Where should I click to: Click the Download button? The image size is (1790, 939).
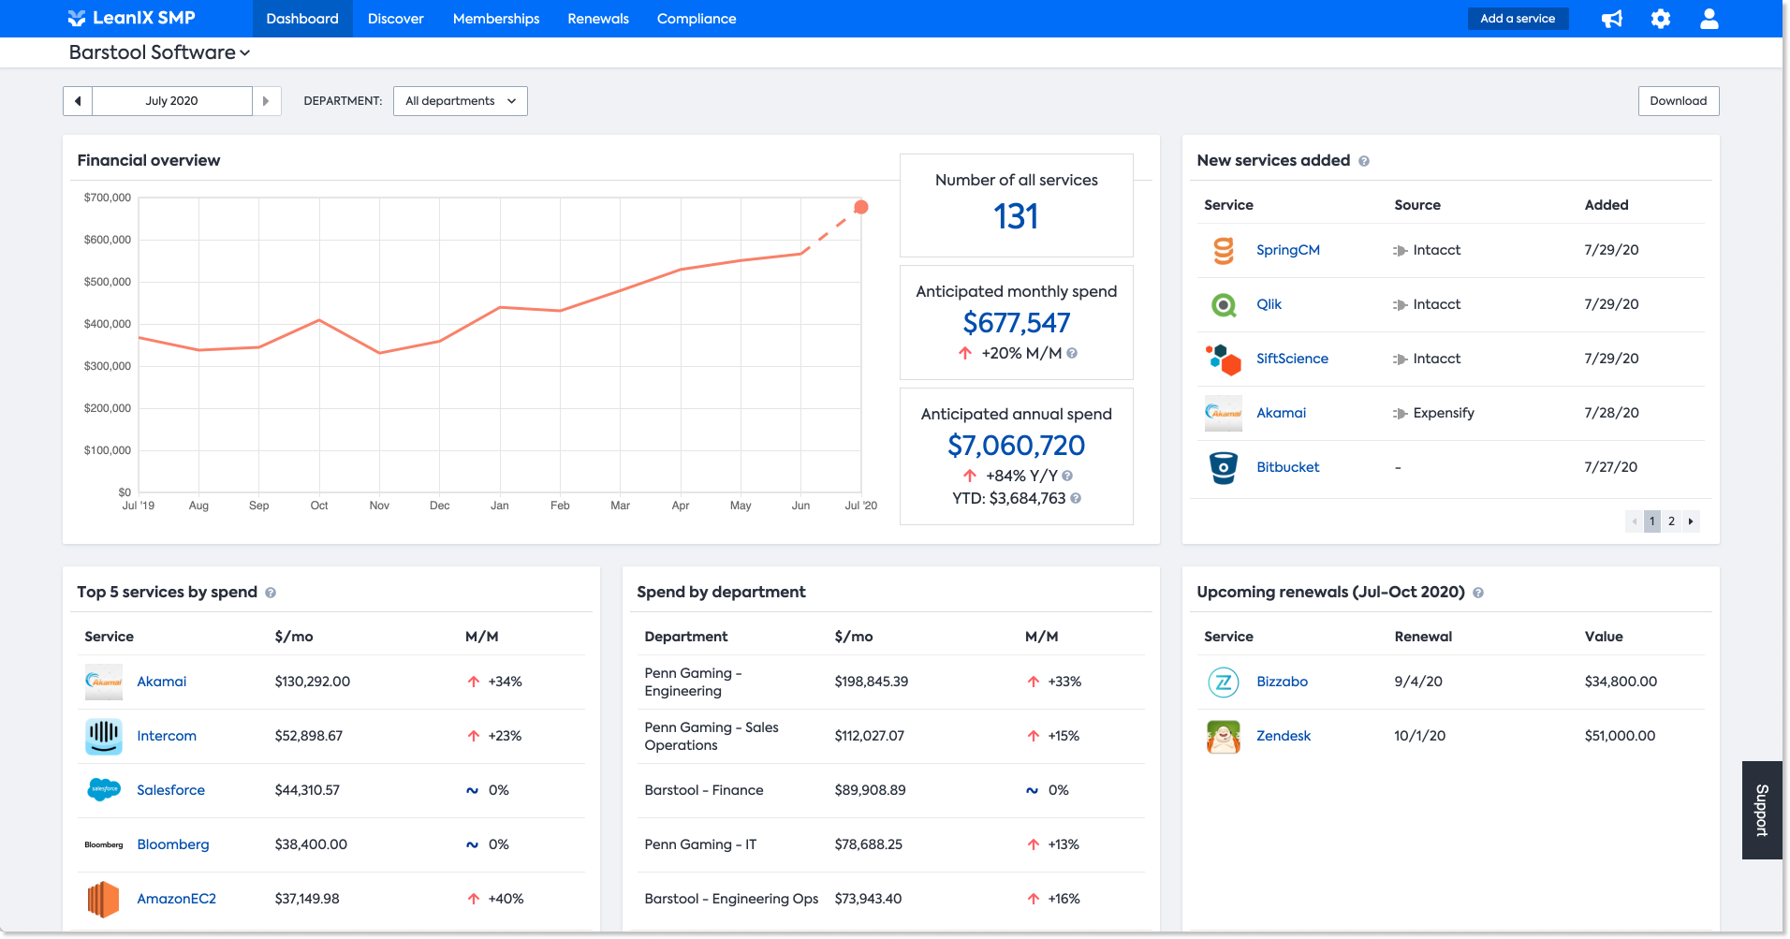point(1678,101)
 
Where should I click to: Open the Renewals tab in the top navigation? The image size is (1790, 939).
point(598,19)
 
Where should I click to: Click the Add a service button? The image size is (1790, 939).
point(1517,19)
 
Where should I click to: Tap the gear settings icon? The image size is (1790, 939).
point(1660,19)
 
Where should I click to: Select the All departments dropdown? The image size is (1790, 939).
point(460,101)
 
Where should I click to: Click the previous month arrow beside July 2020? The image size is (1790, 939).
point(78,101)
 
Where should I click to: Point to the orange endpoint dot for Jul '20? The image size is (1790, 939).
point(861,207)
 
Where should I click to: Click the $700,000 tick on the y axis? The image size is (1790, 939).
point(108,198)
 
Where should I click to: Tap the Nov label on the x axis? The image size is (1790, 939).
point(379,506)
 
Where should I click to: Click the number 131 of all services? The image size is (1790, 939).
point(1016,217)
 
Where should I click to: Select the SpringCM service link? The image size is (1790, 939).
point(1287,250)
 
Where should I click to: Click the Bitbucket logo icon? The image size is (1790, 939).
point(1223,467)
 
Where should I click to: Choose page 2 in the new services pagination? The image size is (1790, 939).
point(1671,521)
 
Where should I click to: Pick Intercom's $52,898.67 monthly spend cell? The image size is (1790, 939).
point(309,736)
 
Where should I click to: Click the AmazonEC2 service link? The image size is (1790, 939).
point(176,899)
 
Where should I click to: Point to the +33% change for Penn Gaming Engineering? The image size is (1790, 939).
point(1064,682)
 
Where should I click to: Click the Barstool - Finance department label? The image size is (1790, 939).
point(704,790)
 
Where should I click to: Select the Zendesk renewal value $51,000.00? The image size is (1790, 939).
point(1620,736)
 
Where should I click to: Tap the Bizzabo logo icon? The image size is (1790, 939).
point(1223,682)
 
